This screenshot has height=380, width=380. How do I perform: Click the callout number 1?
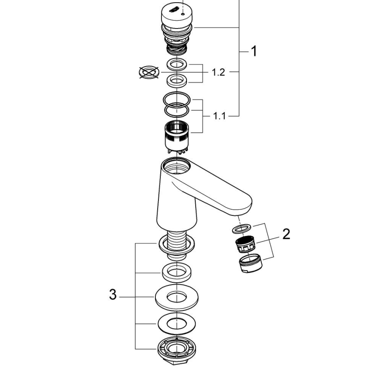pos(253,52)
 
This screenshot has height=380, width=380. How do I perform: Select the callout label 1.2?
pos(218,72)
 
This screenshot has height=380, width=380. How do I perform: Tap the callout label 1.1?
pos(219,116)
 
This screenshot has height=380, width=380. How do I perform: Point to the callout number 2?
pos(286,234)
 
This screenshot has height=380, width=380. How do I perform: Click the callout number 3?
pos(113,295)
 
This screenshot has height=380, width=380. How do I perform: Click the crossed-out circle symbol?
pos(148,72)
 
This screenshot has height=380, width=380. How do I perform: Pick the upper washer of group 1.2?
pos(177,65)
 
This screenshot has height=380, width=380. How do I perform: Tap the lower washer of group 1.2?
pos(177,80)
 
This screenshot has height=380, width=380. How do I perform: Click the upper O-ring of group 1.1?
pos(177,98)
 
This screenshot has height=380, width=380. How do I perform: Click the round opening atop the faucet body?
pos(176,167)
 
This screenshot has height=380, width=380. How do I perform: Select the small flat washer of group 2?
pos(240,229)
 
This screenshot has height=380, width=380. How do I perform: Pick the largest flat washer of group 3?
pos(176,298)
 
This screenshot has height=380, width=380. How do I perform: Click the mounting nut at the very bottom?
pos(176,350)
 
